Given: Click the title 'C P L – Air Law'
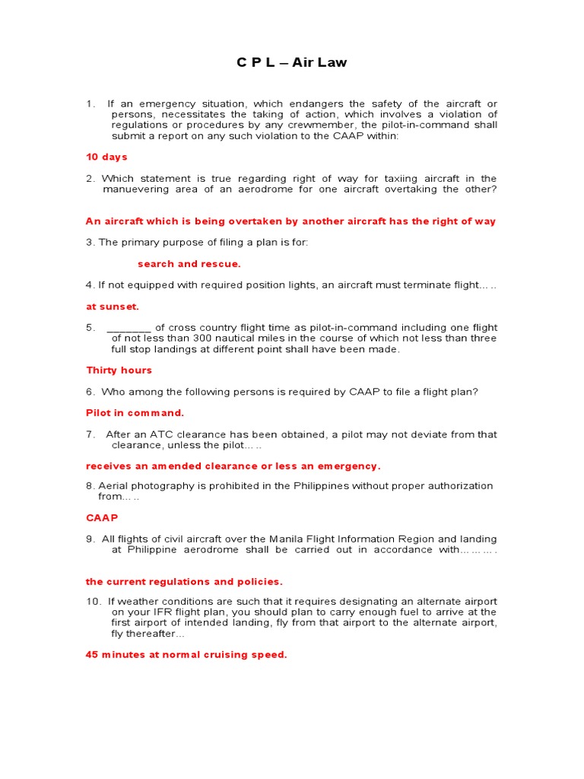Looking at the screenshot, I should click(x=291, y=62).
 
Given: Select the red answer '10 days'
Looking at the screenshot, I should click(x=106, y=157).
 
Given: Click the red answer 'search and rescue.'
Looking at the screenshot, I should click(x=189, y=264).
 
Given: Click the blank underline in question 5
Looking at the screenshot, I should click(x=129, y=328).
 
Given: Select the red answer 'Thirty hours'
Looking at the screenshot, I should click(x=119, y=370).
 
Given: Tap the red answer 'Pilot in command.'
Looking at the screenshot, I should click(x=135, y=413).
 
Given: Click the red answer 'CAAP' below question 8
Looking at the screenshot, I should click(x=102, y=517).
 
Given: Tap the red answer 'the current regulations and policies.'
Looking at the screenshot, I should click(x=184, y=582).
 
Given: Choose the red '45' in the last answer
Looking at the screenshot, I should click(x=92, y=655).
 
